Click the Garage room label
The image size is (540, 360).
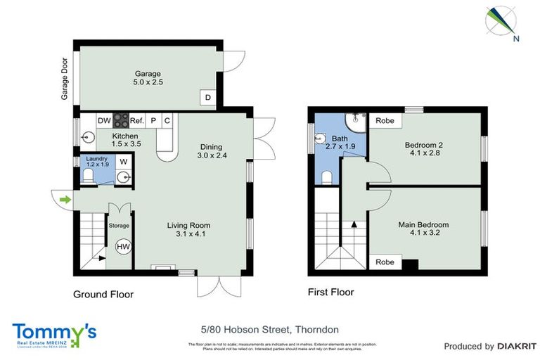pos(148,73)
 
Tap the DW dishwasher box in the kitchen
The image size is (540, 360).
pos(104,121)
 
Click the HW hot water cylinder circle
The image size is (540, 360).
pos(122,247)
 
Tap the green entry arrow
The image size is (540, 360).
pos(65,200)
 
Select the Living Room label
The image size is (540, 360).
pos(188,226)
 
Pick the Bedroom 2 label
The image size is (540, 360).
pos(423,146)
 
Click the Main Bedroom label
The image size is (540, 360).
pos(423,225)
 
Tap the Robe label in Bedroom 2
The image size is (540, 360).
pos(385,121)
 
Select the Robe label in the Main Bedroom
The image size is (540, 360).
pos(385,262)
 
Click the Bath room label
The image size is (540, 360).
pos(339,139)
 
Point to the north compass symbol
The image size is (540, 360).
pos(502,21)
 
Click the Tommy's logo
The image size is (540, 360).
pos(54,333)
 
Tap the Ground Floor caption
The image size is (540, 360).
pos(103,295)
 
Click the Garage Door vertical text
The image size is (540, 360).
pos(64,78)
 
